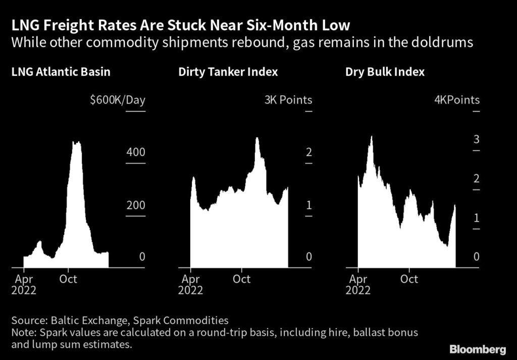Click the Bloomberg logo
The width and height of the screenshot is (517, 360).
pyautogui.click(x=477, y=349)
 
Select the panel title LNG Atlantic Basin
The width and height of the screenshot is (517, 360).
pyautogui.click(x=61, y=72)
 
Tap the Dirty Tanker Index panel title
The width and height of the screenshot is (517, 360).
pyautogui.click(x=228, y=72)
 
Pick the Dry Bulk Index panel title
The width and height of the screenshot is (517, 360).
pyautogui.click(x=385, y=72)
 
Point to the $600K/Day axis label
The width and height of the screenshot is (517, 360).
pyautogui.click(x=117, y=100)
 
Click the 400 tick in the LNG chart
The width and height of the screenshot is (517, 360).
pyautogui.click(x=135, y=152)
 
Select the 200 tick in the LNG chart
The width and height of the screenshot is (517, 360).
pyautogui.click(x=135, y=205)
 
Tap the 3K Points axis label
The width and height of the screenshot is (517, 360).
pyautogui.click(x=288, y=100)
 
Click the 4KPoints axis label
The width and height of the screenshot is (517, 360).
pyautogui.click(x=457, y=100)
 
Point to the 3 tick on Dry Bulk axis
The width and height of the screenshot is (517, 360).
pyautogui.click(x=476, y=140)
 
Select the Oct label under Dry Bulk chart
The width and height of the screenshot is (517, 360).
pyautogui.click(x=409, y=279)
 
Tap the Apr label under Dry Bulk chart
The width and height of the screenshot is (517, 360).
pyautogui.click(x=358, y=279)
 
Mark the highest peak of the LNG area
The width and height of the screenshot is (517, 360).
pyautogui.click(x=76, y=143)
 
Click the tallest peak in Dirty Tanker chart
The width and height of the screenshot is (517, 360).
pyautogui.click(x=257, y=138)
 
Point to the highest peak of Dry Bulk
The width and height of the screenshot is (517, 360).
pyautogui.click(x=372, y=137)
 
